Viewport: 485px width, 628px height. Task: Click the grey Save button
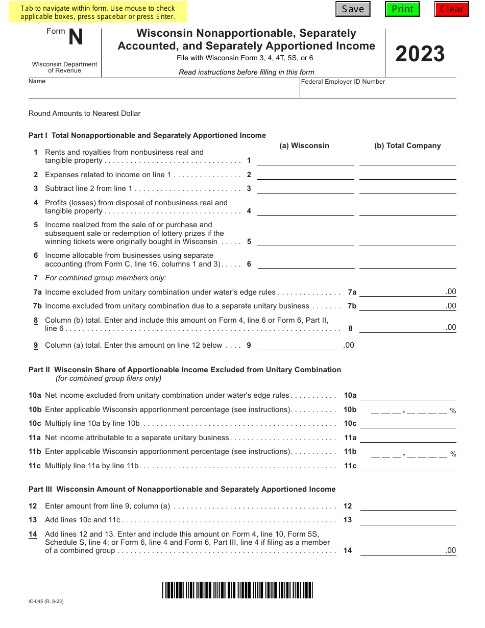(x=353, y=9)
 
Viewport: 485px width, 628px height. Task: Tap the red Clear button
(x=452, y=9)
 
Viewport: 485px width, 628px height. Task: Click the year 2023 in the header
(x=420, y=54)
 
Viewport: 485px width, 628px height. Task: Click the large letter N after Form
(x=76, y=37)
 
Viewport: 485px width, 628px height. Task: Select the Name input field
(x=163, y=92)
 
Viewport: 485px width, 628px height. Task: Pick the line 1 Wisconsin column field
(x=306, y=160)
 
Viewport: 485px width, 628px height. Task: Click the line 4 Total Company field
(x=407, y=210)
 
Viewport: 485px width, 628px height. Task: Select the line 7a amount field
(x=407, y=292)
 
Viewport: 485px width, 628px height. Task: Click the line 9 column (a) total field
(x=306, y=345)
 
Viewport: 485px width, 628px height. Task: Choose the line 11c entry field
(x=407, y=465)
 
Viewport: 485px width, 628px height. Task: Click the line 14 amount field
(x=407, y=550)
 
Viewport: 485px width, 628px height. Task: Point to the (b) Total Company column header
(x=407, y=146)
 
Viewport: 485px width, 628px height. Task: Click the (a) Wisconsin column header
(x=304, y=146)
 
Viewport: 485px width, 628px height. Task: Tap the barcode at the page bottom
(x=237, y=590)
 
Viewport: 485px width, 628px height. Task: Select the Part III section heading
(x=182, y=489)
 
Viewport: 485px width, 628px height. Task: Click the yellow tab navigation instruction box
(x=98, y=12)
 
